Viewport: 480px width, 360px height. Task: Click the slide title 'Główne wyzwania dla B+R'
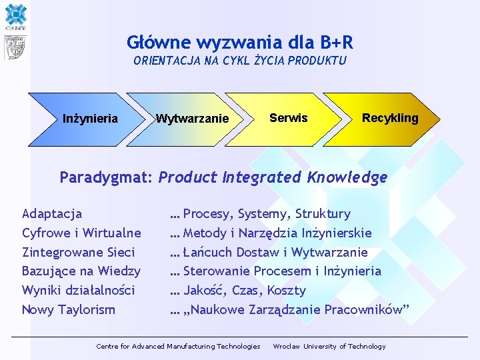tap(240, 43)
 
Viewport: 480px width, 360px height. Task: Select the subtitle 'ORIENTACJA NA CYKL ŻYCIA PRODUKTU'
tap(240, 61)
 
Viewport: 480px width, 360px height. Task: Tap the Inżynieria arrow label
tap(90, 119)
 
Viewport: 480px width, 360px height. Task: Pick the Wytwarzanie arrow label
tap(192, 119)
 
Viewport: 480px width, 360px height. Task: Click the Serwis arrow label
tap(288, 118)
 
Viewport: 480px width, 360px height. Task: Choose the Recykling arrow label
tap(390, 118)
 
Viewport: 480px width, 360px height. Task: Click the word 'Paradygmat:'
tap(107, 177)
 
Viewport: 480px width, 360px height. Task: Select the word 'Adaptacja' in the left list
tap(52, 214)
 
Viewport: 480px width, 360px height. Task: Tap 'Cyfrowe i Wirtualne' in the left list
tap(81, 233)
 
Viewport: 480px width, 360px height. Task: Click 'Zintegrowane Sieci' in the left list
tap(78, 252)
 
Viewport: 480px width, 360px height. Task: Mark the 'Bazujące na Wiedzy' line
tap(81, 271)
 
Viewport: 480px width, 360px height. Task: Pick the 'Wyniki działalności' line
tap(78, 290)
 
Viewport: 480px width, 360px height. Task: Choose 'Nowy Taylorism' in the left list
tap(69, 309)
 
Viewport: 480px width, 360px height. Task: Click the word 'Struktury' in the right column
tap(323, 214)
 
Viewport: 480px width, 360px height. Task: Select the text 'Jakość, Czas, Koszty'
tap(244, 290)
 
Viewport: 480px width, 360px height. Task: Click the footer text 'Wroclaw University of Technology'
tap(329, 346)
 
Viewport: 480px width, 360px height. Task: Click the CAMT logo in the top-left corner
tap(15, 16)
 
